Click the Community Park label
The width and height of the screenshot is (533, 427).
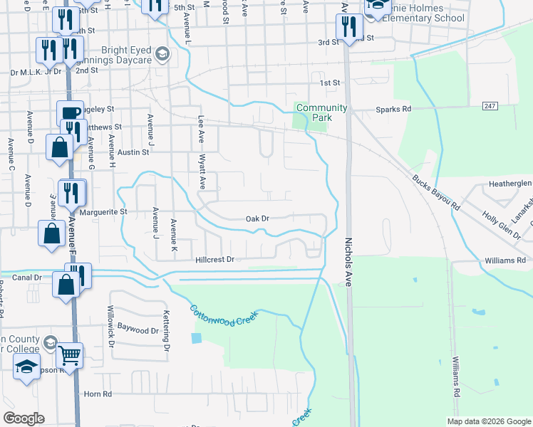pyautogui.click(x=321, y=112)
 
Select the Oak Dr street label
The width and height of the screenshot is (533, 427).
pyautogui.click(x=257, y=219)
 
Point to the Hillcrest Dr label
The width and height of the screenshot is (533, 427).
pyautogui.click(x=215, y=260)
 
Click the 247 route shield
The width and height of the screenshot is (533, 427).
pyautogui.click(x=489, y=105)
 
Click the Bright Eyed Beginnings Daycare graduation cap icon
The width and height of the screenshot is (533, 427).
pyautogui.click(x=162, y=54)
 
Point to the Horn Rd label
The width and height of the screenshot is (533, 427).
pyautogui.click(x=98, y=394)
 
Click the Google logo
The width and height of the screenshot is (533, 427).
pyautogui.click(x=23, y=418)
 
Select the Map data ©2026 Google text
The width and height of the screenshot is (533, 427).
pyautogui.click(x=488, y=421)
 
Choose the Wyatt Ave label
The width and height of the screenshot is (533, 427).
pyautogui.click(x=202, y=172)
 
